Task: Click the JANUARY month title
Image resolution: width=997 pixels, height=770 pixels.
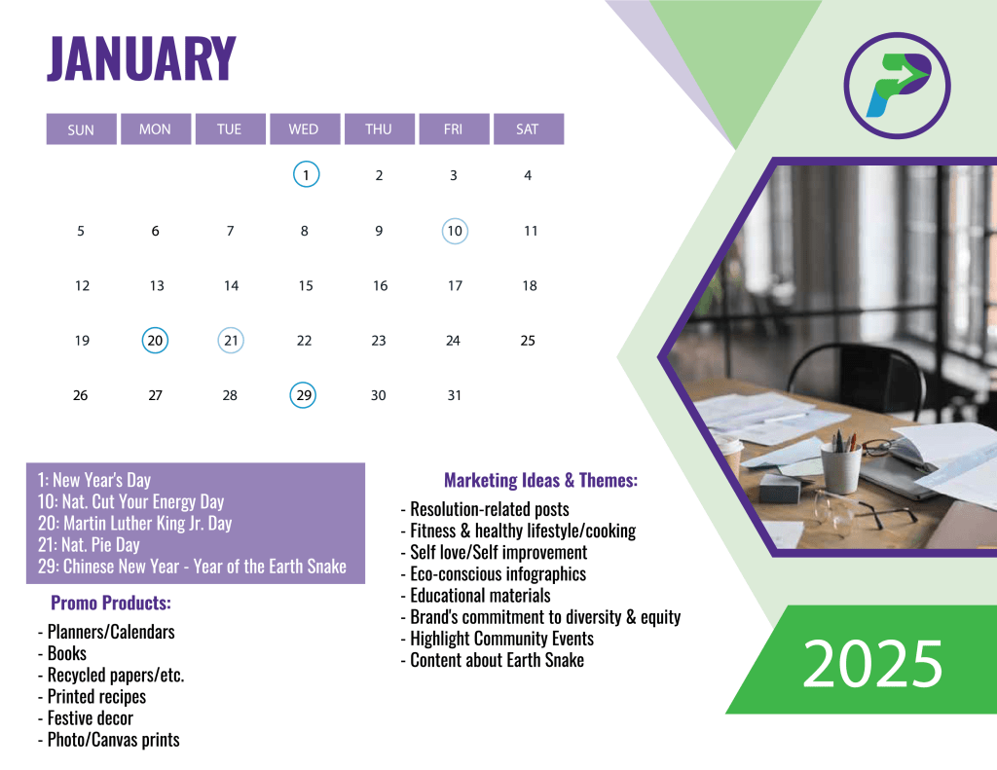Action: (141, 58)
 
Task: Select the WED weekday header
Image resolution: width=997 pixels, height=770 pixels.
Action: (305, 129)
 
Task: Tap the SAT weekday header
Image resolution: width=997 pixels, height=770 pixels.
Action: (529, 129)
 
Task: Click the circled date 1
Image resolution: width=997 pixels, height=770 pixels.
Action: (306, 175)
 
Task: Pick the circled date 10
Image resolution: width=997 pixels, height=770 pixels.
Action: (455, 231)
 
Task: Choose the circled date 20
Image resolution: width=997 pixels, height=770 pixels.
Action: (155, 340)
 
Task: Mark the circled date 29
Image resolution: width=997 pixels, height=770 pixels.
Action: (304, 395)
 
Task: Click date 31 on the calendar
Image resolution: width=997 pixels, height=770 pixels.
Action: (454, 395)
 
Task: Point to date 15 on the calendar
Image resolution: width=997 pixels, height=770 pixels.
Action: (306, 286)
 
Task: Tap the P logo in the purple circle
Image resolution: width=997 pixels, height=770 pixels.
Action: (897, 86)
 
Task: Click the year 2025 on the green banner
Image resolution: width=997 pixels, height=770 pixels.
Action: (872, 663)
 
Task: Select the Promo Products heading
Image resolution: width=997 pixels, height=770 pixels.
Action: (111, 603)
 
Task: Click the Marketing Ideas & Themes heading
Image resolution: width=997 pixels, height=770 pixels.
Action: (540, 480)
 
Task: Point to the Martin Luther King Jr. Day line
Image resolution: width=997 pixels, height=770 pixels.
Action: (134, 524)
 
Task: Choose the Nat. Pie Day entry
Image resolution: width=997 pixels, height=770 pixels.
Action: (89, 545)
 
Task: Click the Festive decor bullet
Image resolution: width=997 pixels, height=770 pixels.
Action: (86, 718)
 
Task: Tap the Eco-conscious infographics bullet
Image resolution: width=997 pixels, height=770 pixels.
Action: (494, 574)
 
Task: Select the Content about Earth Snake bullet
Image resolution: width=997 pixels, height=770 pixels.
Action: (492, 661)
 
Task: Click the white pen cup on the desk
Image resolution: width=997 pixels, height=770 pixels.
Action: (840, 467)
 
